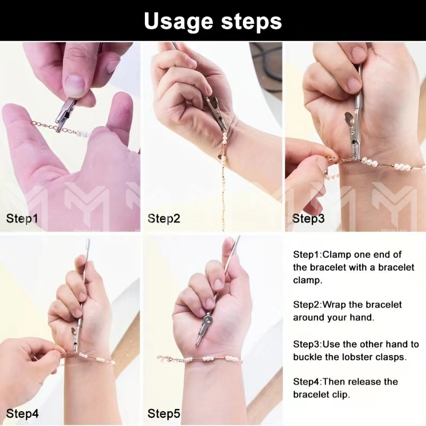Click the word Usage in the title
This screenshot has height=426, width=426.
coord(178,21)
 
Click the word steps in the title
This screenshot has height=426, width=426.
coord(251,21)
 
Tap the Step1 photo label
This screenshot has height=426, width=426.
coord(22,219)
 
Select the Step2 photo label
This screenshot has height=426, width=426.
coord(163,219)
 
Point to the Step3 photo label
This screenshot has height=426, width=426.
coord(308,219)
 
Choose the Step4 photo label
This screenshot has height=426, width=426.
coord(22,414)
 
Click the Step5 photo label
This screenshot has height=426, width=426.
coord(163,414)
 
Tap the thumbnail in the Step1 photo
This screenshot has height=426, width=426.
coord(75,84)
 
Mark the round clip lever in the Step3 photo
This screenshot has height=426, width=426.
coord(350,119)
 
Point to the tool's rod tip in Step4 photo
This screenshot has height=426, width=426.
coord(87,242)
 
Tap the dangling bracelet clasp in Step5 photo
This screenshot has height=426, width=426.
coord(162,358)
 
